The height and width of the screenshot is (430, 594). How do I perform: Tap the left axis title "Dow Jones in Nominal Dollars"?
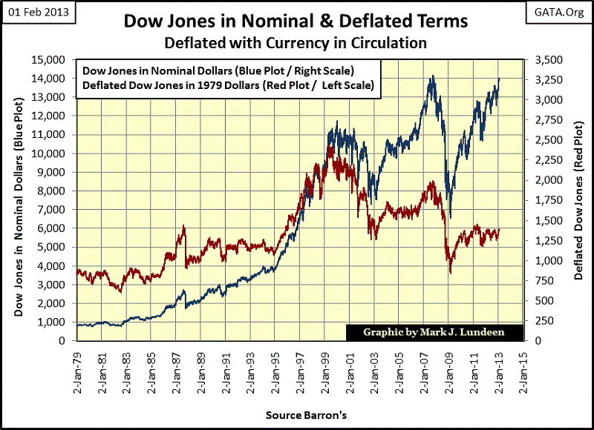tap(18, 200)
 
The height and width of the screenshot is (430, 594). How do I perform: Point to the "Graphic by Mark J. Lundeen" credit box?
tap(434, 332)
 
